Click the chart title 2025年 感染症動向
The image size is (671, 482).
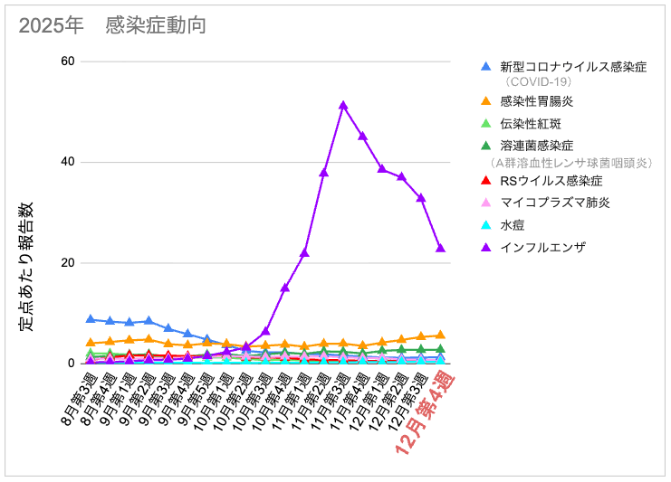tap(112, 25)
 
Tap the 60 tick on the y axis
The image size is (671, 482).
tap(67, 61)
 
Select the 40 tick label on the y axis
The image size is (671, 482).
tap(67, 162)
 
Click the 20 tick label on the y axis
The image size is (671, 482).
tap(67, 263)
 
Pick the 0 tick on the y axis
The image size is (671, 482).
tap(71, 364)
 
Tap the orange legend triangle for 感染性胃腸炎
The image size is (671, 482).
tap(486, 100)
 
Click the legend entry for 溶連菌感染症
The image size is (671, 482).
tap(537, 146)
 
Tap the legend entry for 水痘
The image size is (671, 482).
tap(512, 224)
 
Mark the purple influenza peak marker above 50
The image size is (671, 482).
tap(343, 105)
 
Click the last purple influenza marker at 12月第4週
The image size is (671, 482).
tap(440, 248)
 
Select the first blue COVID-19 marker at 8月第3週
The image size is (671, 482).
tap(91, 318)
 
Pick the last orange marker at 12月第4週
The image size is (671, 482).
tap(440, 335)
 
